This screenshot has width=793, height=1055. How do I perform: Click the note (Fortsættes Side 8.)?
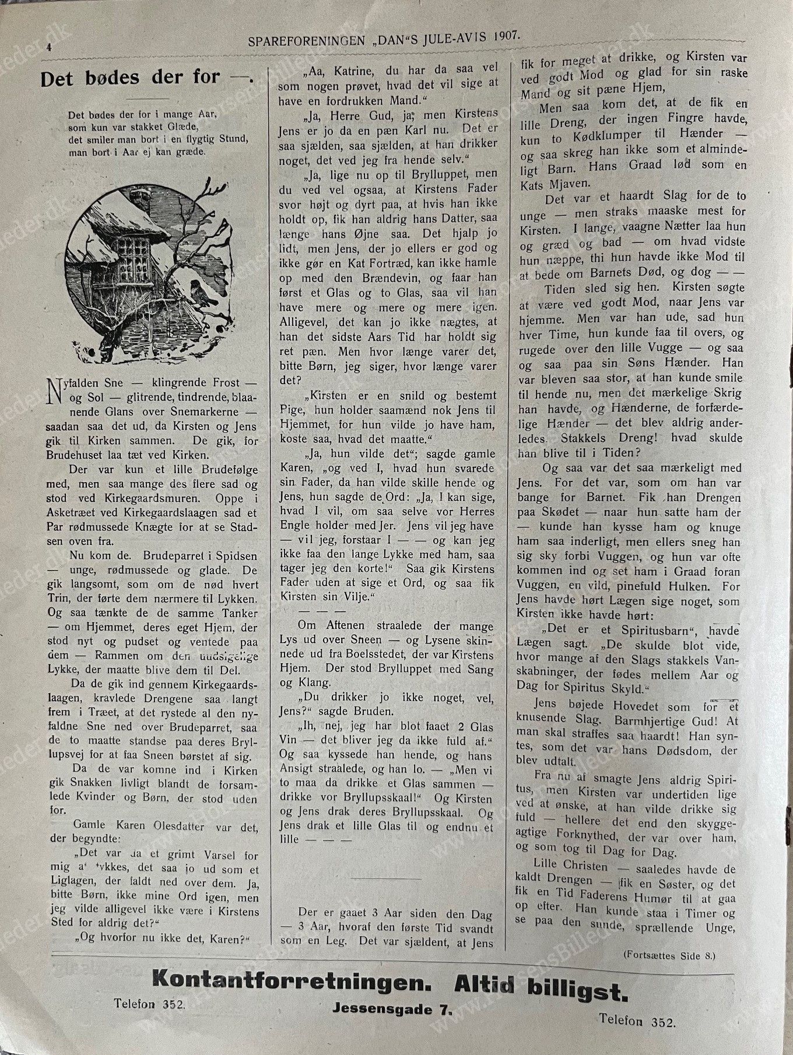[668, 955]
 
